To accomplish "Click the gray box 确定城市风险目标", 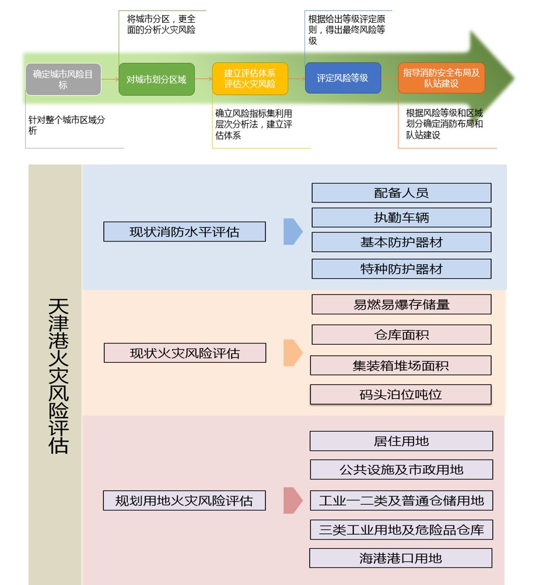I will pyautogui.click(x=63, y=79).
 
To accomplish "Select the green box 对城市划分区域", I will pyautogui.click(x=156, y=79).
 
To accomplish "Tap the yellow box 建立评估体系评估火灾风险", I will pyautogui.click(x=250, y=79).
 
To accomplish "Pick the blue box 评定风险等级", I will pyautogui.click(x=342, y=78).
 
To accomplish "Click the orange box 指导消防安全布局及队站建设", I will pyautogui.click(x=442, y=78).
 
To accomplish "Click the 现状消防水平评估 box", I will pyautogui.click(x=184, y=232).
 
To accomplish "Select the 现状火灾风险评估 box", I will pyautogui.click(x=184, y=353).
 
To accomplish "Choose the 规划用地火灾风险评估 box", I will pyautogui.click(x=184, y=500).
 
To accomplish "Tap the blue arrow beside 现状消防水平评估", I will pyautogui.click(x=292, y=232).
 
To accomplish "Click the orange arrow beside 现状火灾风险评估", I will pyautogui.click(x=292, y=353).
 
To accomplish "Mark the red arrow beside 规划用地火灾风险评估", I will pyautogui.click(x=292, y=500).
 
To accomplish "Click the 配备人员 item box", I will pyautogui.click(x=401, y=193).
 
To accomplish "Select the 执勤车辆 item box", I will pyautogui.click(x=401, y=218).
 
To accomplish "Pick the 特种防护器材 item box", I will pyautogui.click(x=401, y=269).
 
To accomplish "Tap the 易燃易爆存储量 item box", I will pyautogui.click(x=401, y=304).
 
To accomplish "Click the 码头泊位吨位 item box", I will pyautogui.click(x=401, y=395).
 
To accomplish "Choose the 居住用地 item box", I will pyautogui.click(x=401, y=441).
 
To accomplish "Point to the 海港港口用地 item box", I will pyautogui.click(x=401, y=558).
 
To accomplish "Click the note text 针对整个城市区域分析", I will pyautogui.click(x=67, y=125).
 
